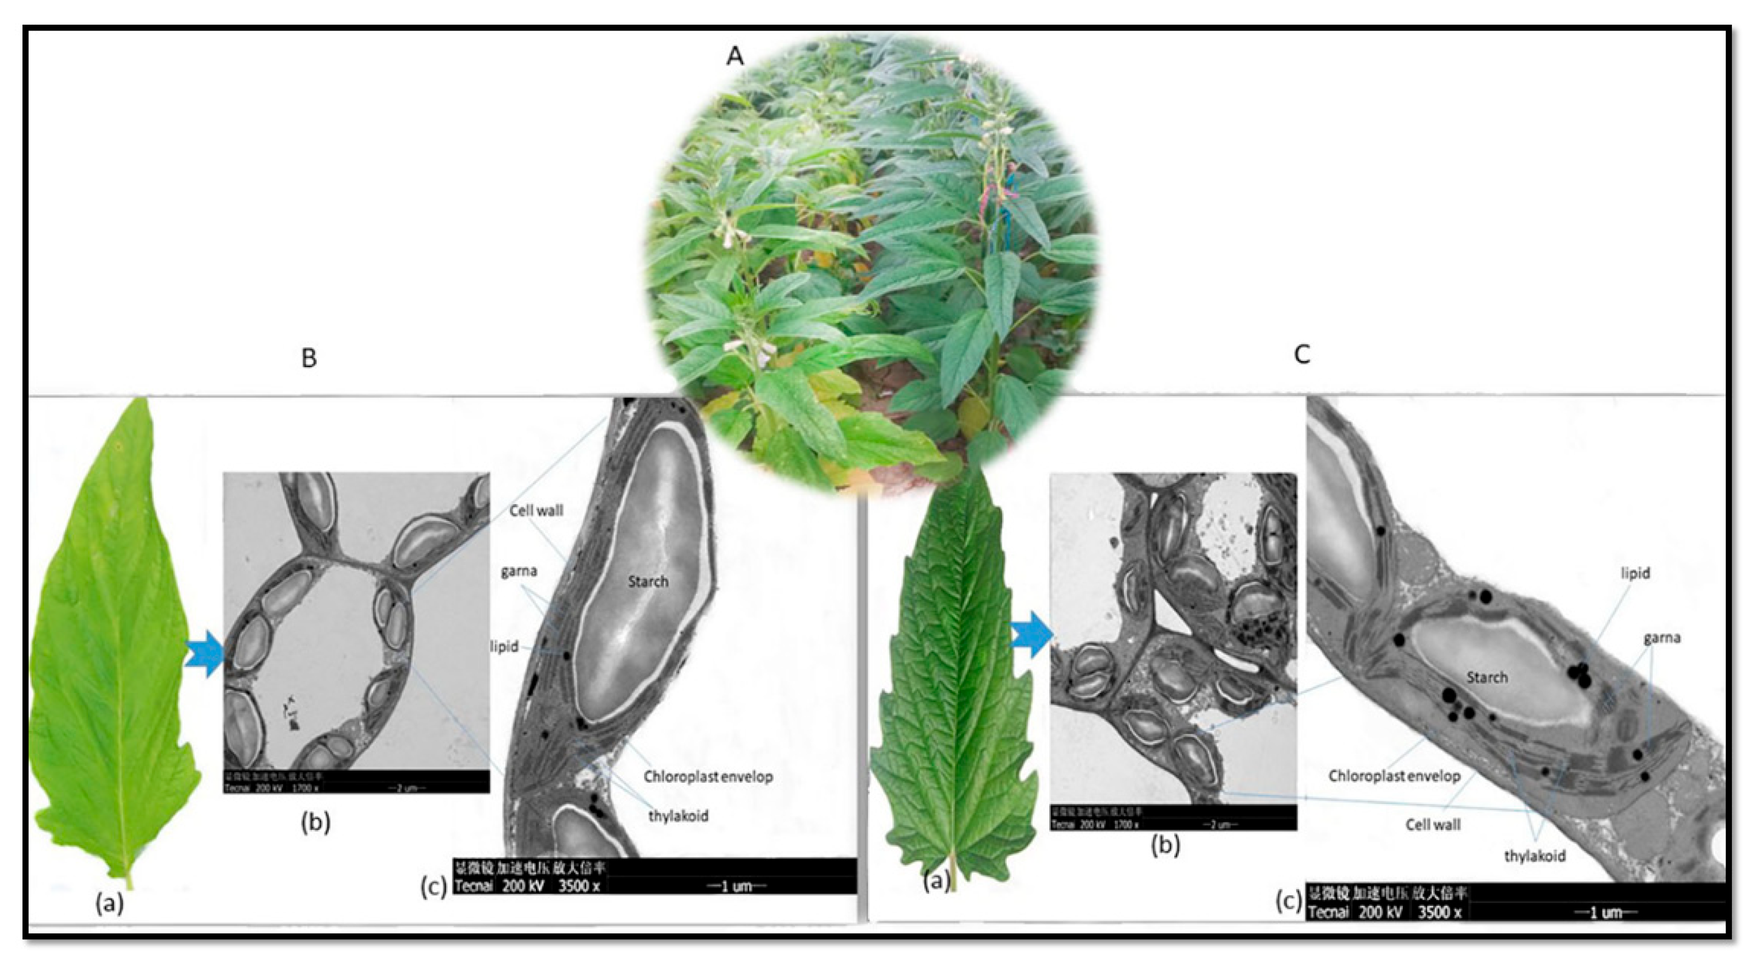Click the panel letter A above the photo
point(734,56)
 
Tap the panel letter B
point(309,357)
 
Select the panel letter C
point(1301,355)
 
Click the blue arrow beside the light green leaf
point(205,654)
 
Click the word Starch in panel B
point(647,581)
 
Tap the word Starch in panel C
point(1487,677)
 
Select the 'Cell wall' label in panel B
point(536,510)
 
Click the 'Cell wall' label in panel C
point(1433,824)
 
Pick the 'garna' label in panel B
point(519,571)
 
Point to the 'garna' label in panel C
point(1662,638)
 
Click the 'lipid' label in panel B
point(504,646)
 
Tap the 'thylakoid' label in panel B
point(678,815)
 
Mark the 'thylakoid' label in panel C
point(1535,856)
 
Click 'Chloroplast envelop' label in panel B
point(708,776)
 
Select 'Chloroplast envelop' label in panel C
point(1394,776)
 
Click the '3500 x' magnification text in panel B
point(578,886)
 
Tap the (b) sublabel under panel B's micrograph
point(315,822)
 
